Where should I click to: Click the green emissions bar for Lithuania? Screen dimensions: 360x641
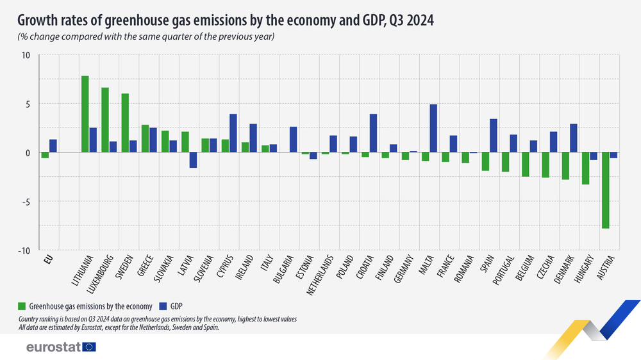point(85,114)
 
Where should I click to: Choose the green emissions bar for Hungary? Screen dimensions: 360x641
point(585,168)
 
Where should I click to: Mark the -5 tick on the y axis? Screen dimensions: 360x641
point(25,202)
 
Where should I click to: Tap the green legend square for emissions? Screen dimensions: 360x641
point(22,305)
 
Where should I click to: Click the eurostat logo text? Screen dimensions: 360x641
point(53,347)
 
